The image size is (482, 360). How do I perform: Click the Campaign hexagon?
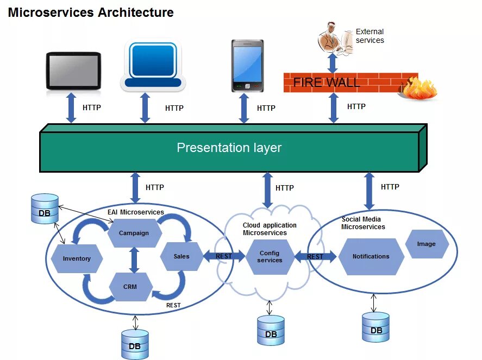point(135,233)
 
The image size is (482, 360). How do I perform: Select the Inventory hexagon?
point(77,258)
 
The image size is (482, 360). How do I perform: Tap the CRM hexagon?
point(130,287)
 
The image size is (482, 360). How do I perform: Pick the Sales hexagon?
point(181,256)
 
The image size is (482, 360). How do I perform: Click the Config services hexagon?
point(270,257)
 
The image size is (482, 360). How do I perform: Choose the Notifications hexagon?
point(371,256)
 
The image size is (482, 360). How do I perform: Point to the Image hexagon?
point(427,244)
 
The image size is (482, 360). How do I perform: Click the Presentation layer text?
point(229,148)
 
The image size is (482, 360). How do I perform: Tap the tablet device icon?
point(73,71)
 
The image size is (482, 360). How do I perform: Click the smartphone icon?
point(247,66)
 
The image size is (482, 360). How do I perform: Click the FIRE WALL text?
point(327,83)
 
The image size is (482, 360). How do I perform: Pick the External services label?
point(370,36)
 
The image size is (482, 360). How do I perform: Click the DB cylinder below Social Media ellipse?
point(375,327)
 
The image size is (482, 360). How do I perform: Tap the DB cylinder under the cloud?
point(271,330)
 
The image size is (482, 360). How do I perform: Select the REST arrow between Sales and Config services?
point(224,256)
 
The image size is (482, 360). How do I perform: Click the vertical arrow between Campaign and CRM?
point(134,260)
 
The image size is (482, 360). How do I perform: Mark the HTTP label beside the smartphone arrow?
point(266,108)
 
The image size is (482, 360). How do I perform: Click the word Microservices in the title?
point(51,12)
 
